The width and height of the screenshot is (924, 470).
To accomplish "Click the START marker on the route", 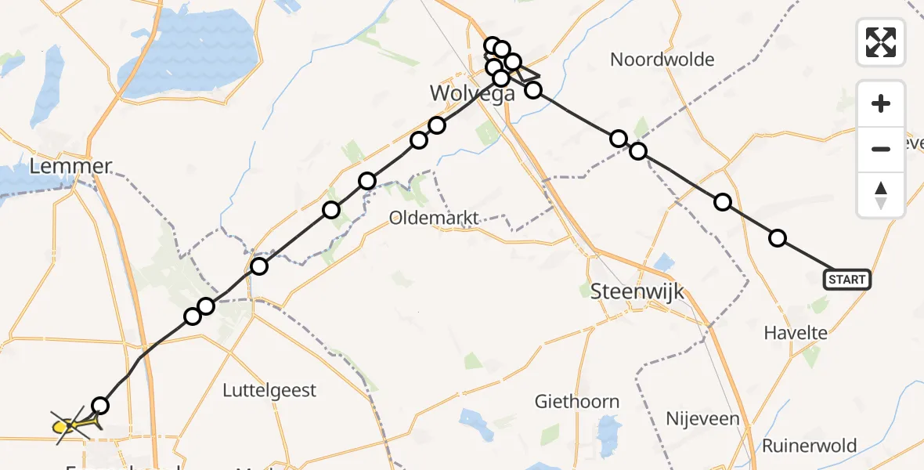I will click(846, 279).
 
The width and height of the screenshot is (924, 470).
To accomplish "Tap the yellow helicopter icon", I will click(73, 425).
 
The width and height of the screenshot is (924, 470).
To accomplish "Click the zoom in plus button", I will click(881, 103).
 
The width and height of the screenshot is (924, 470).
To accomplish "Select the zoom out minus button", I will click(881, 149).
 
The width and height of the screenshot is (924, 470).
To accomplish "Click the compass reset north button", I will click(881, 195).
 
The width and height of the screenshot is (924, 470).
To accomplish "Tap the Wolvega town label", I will click(473, 93).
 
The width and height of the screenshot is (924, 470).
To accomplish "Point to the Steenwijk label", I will click(637, 292).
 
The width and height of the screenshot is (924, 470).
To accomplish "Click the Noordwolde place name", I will click(662, 60).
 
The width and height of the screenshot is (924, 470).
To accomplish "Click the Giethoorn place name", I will click(576, 402).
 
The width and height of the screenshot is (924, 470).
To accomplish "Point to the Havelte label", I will click(796, 333).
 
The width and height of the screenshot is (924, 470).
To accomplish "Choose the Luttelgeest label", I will click(269, 390).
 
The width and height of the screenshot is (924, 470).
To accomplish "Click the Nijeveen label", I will click(702, 418).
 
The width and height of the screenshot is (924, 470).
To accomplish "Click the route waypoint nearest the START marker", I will click(778, 238).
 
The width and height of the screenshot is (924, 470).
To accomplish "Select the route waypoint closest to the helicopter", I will click(100, 405).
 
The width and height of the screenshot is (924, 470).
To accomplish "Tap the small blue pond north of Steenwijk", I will click(665, 262).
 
